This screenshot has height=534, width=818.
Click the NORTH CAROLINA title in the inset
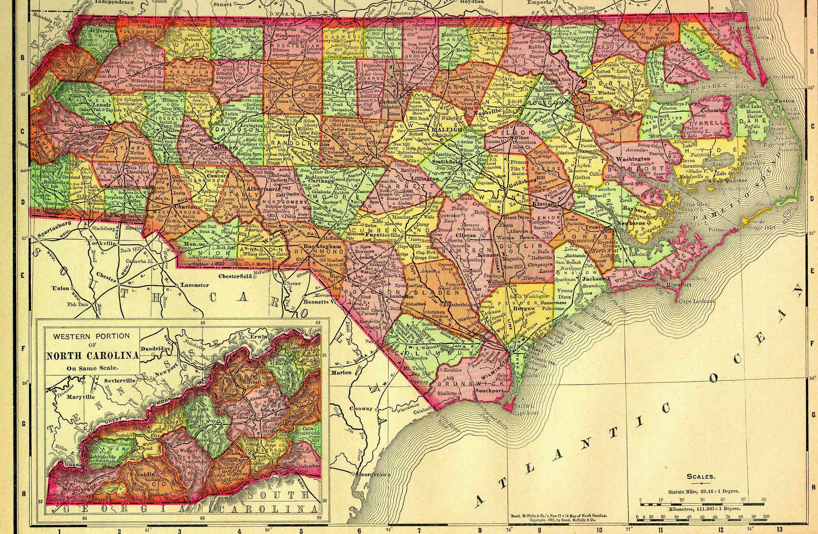point(92,355)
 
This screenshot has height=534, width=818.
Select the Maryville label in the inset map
point(81,397)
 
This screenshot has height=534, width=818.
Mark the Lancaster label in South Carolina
point(195,285)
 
